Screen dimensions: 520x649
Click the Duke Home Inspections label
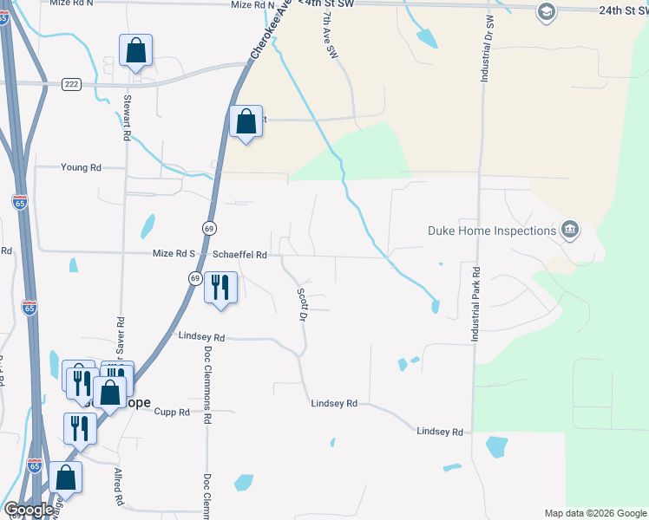[492, 231]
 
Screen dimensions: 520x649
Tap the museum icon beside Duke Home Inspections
[570, 230]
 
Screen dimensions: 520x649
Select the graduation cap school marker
[546, 11]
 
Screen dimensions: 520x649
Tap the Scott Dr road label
[304, 305]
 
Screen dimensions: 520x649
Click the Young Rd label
[81, 167]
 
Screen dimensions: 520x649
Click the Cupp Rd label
[173, 413]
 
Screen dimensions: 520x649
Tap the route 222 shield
[71, 83]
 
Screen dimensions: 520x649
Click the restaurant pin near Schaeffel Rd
[220, 287]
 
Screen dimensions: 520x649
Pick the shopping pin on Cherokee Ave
[246, 122]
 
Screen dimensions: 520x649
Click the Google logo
[28, 510]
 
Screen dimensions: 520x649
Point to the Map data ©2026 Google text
[594, 513]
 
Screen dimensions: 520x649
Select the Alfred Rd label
[118, 488]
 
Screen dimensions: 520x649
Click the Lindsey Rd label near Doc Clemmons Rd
[201, 336]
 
